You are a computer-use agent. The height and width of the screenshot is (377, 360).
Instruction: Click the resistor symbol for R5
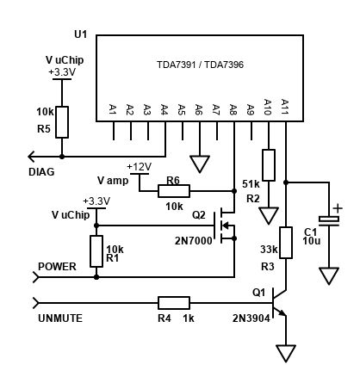pyautogui.click(x=62, y=120)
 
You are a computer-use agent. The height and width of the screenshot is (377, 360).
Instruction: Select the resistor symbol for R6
pyautogui.click(x=173, y=191)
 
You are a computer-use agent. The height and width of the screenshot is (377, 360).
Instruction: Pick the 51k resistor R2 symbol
pyautogui.click(x=269, y=164)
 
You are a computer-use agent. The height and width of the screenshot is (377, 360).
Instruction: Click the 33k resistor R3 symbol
pyautogui.click(x=286, y=241)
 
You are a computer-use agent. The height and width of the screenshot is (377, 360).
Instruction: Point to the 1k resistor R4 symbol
pyautogui.click(x=174, y=303)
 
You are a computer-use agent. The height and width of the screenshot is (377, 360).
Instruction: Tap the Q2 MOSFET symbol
pyautogui.click(x=227, y=226)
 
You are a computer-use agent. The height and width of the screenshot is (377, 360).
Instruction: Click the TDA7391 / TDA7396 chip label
pyautogui.click(x=199, y=65)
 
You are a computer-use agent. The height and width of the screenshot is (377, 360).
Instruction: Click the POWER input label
pyautogui.click(x=57, y=266)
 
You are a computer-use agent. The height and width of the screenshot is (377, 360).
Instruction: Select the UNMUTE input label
pyautogui.click(x=59, y=318)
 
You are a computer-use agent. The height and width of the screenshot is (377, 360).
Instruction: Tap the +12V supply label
pyautogui.click(x=139, y=166)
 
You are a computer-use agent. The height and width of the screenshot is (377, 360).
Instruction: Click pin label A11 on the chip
pyautogui.click(x=285, y=108)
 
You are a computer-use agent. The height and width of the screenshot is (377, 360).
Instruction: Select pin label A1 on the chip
pyautogui.click(x=113, y=109)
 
